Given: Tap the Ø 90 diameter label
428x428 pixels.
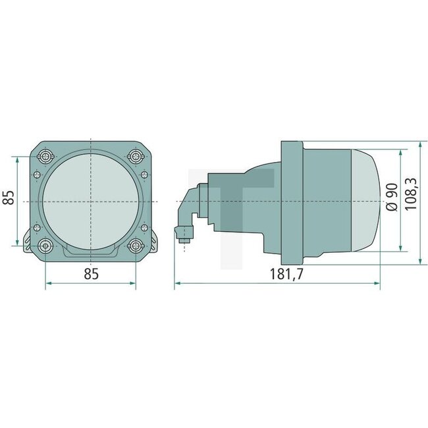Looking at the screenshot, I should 391,197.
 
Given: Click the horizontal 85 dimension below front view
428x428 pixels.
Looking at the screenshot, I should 91,274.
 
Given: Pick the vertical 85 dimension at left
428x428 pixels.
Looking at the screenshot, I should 9,198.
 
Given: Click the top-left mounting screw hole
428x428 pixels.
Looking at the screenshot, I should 45,156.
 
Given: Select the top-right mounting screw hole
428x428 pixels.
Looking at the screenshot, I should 136,156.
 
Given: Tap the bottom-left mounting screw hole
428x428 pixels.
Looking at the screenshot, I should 45,246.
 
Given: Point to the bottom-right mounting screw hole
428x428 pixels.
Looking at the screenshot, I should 136,246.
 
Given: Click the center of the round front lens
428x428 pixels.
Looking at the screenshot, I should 91,200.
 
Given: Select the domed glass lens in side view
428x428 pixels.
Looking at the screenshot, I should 366,200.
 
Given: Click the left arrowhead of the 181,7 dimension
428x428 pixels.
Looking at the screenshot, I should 177,284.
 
